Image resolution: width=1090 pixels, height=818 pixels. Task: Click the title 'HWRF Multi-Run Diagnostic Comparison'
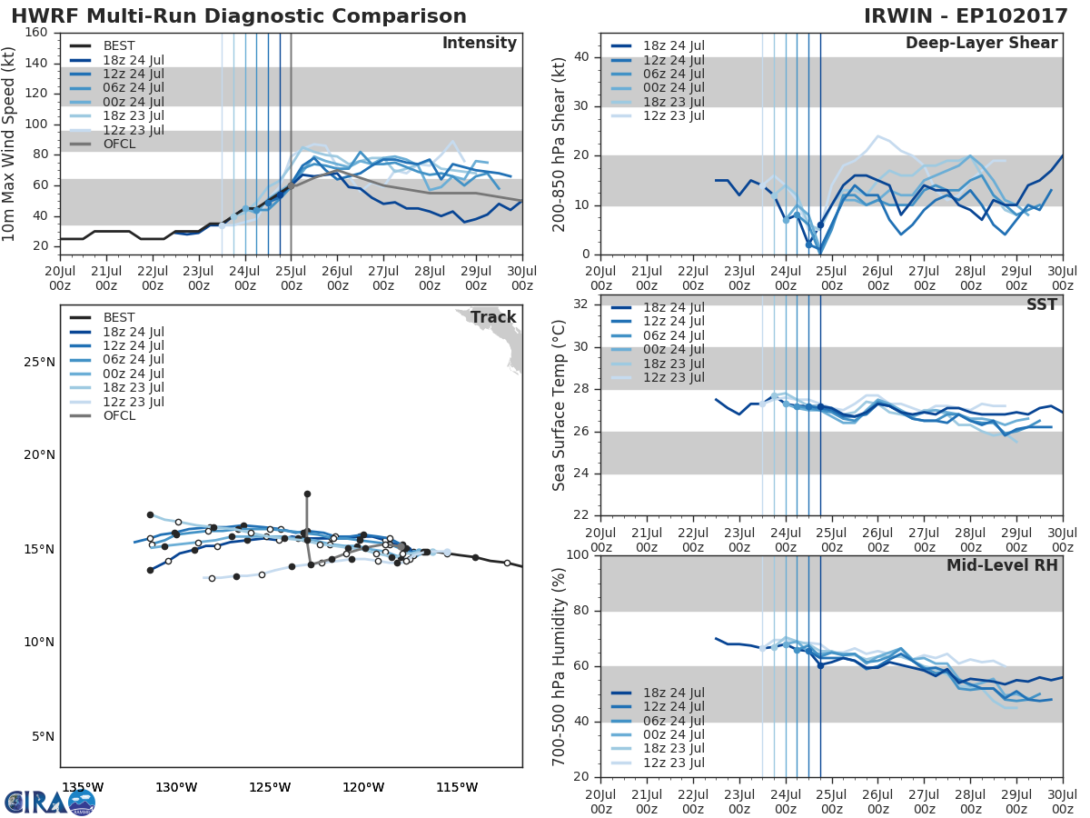[x=239, y=16]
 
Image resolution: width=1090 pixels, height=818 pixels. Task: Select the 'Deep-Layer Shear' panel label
[x=981, y=44]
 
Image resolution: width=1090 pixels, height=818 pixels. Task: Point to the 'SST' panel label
[x=1041, y=304]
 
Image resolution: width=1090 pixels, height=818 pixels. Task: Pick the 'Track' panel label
[x=494, y=317]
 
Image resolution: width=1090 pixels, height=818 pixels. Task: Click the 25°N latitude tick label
[x=38, y=362]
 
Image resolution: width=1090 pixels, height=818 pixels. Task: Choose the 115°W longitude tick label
[x=457, y=787]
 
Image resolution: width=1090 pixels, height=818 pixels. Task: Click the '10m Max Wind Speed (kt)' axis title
[x=10, y=138]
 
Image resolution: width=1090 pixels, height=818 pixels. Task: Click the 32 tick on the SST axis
[x=580, y=304]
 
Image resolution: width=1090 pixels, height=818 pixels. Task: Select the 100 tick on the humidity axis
[x=577, y=555]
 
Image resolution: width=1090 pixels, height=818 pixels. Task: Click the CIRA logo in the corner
[x=50, y=802]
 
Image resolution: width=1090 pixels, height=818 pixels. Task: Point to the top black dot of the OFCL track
[x=307, y=494]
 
